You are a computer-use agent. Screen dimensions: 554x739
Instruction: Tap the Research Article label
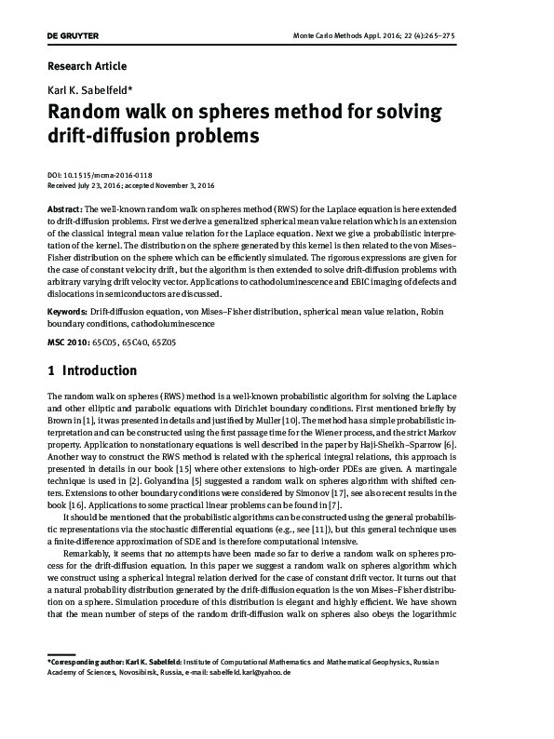[87, 66]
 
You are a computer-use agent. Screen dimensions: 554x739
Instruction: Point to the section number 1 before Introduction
[49, 371]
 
